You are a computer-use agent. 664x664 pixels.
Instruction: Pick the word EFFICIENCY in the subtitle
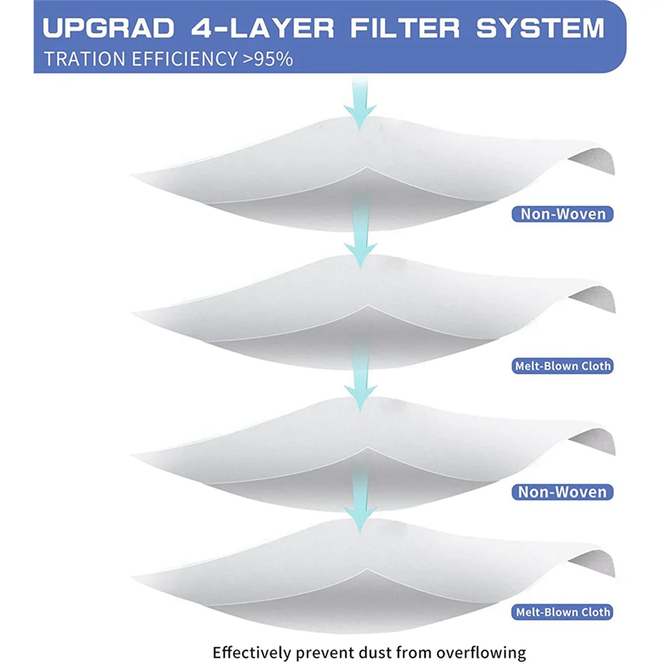click(184, 59)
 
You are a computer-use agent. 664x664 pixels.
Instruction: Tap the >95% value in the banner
click(268, 59)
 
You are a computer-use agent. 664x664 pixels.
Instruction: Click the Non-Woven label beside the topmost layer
click(563, 214)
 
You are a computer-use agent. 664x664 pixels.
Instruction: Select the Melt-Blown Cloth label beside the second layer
click(563, 366)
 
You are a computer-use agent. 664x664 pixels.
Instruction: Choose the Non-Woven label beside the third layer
click(563, 492)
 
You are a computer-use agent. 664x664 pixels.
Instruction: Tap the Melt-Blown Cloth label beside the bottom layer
click(563, 612)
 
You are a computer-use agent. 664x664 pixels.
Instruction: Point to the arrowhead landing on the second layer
click(360, 255)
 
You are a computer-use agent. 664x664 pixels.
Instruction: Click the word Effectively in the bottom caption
click(251, 652)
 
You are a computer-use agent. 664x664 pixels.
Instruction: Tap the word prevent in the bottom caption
click(323, 652)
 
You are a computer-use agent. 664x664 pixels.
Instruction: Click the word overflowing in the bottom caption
click(481, 652)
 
